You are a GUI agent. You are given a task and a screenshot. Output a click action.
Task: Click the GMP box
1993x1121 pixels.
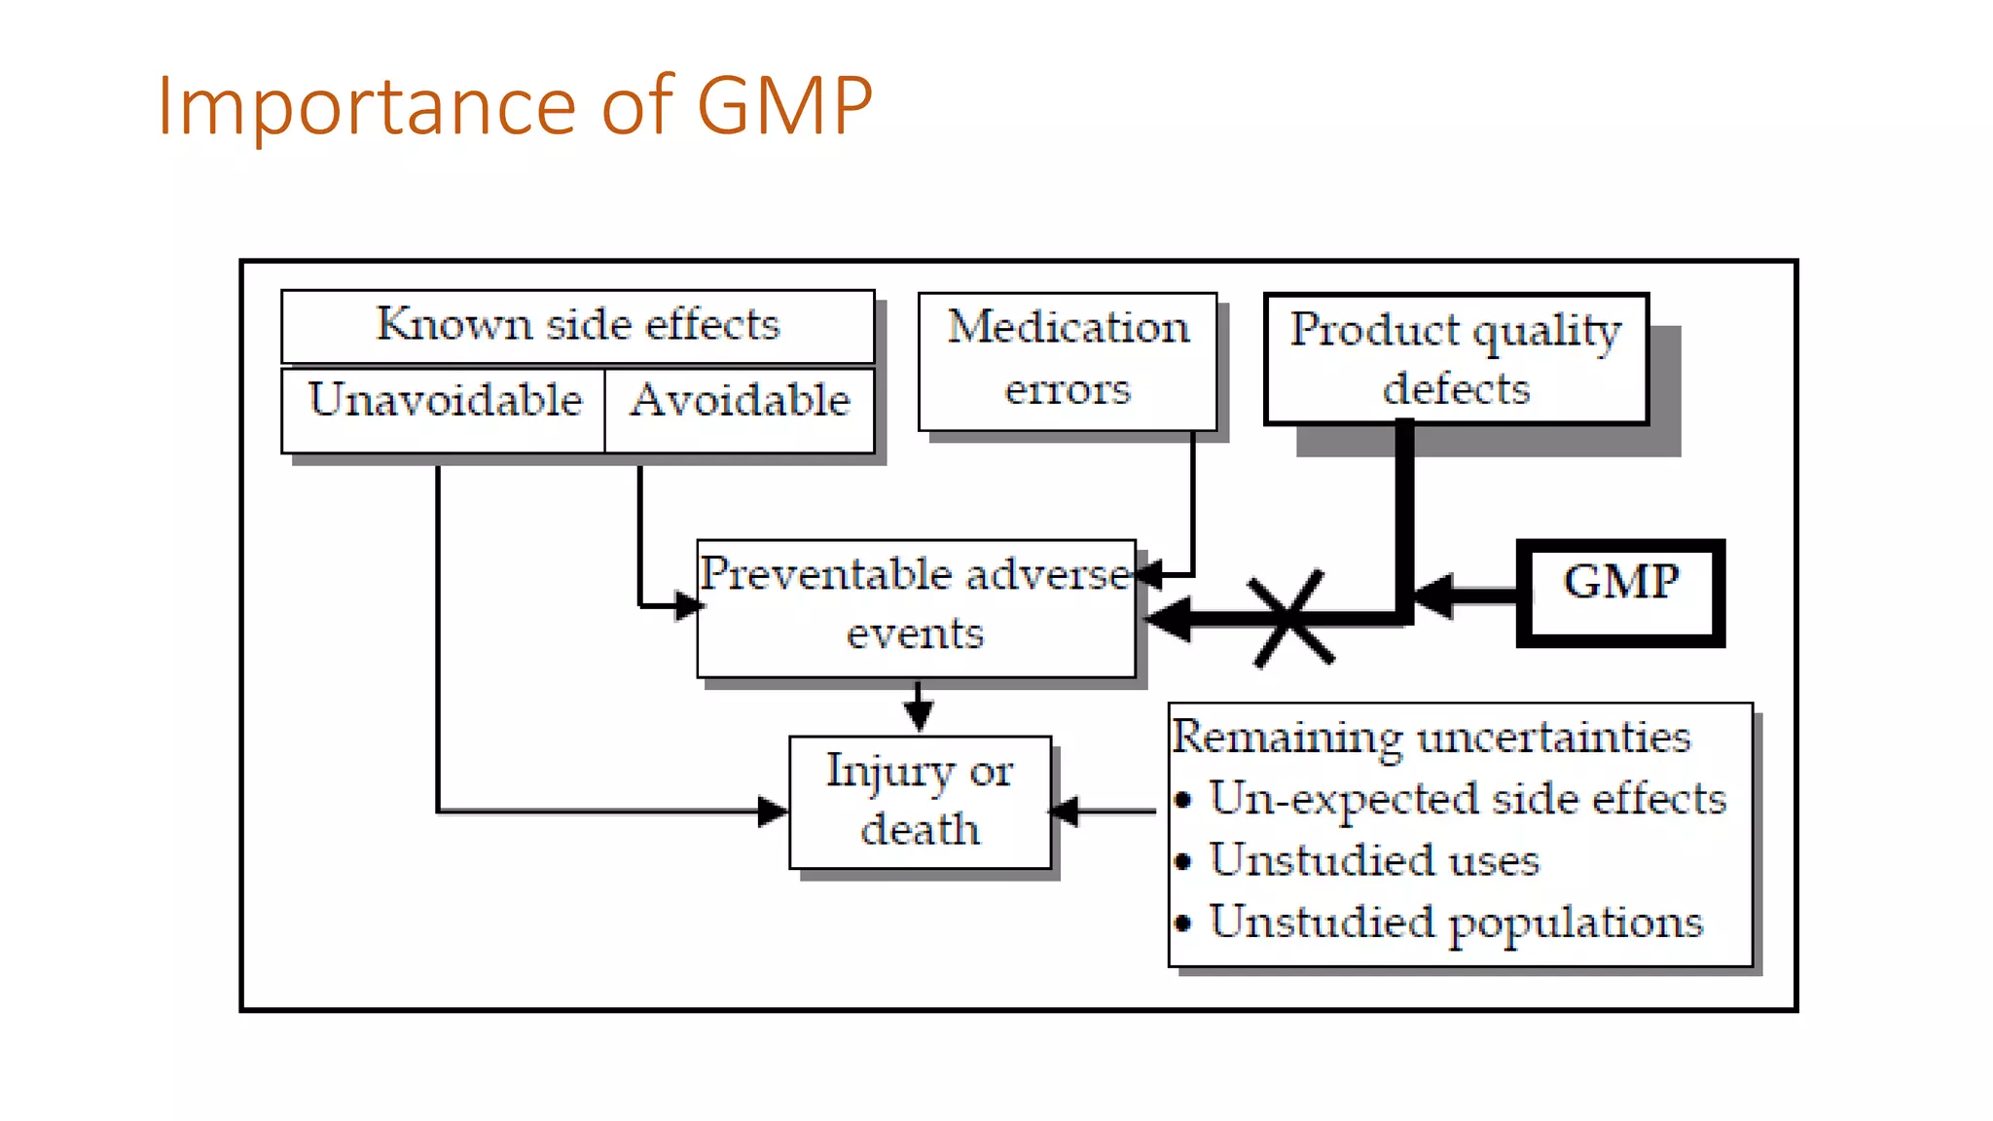1620,592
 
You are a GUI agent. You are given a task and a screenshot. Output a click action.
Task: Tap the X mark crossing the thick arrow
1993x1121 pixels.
1291,619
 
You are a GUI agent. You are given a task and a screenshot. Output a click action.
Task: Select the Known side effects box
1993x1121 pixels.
578,325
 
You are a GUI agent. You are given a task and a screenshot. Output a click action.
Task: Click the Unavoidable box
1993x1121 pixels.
444,409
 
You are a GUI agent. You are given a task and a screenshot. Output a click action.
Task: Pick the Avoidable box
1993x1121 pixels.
740,409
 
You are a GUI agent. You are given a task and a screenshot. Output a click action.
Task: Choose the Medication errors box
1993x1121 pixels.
1068,360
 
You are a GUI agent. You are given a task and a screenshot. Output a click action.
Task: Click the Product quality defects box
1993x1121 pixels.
1456,358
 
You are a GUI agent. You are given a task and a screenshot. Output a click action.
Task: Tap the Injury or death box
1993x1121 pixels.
920,801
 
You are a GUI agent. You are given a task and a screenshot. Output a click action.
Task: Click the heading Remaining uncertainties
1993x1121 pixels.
1431,737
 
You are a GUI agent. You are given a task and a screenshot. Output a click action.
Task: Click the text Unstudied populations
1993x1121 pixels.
1456,922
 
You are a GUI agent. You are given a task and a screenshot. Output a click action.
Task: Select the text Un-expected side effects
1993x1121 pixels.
1468,799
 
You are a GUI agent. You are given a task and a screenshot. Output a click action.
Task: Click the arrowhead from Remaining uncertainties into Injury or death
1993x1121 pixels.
1067,810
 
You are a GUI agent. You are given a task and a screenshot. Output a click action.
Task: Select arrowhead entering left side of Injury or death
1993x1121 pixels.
773,810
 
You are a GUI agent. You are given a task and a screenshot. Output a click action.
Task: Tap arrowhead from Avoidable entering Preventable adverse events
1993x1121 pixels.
688,605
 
